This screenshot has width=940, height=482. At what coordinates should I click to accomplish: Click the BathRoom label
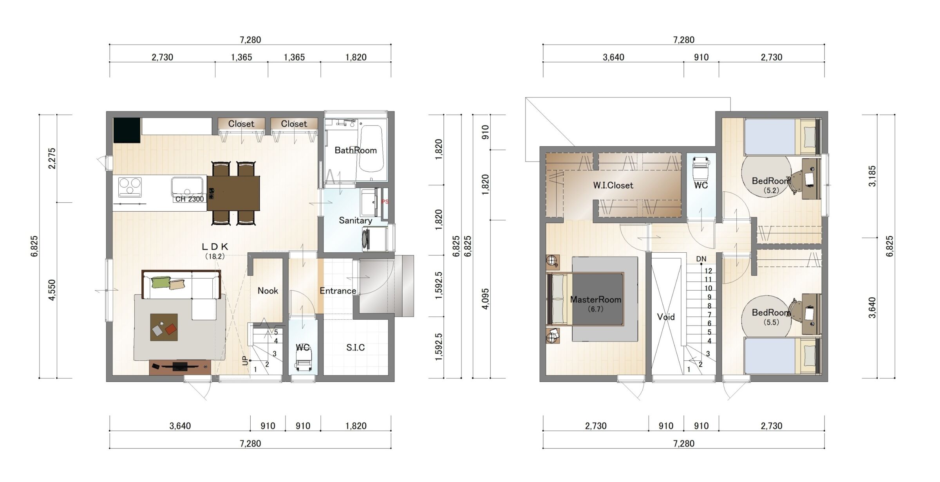click(356, 150)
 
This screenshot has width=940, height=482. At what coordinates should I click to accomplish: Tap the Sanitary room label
click(356, 221)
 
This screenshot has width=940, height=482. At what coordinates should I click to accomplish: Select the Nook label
click(268, 291)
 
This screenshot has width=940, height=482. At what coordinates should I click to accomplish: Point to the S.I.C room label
click(356, 347)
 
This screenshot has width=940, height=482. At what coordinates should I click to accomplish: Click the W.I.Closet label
click(613, 185)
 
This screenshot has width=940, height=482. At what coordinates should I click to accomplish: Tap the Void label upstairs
click(666, 317)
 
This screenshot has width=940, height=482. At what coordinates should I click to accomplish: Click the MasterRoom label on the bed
click(595, 300)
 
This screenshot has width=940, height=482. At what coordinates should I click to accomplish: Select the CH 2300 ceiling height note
click(190, 199)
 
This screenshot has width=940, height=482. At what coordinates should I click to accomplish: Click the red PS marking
click(385, 202)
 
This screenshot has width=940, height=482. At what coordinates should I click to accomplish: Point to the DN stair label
click(701, 259)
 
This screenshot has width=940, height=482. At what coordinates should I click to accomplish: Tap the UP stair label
click(246, 360)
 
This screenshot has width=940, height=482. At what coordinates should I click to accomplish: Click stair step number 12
click(708, 271)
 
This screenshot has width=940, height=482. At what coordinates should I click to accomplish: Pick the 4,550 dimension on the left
click(52, 290)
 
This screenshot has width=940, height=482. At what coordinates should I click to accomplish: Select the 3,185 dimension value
click(872, 176)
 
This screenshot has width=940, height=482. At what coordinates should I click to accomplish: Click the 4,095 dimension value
click(486, 299)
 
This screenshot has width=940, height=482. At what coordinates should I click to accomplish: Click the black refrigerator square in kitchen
click(127, 130)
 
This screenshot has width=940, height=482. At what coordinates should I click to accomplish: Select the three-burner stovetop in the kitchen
click(130, 187)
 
